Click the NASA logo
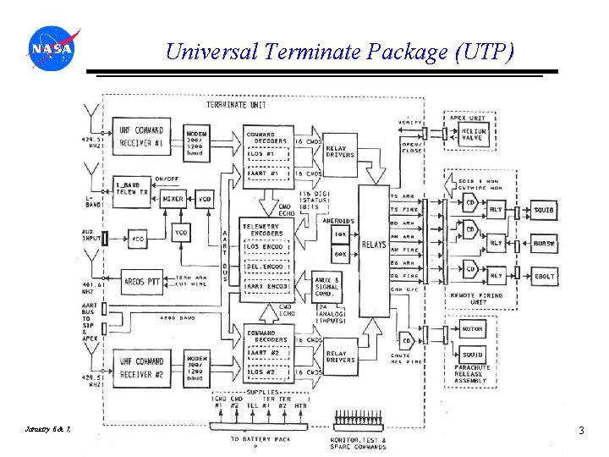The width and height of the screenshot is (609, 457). tap(52, 50)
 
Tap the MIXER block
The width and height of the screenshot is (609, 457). tap(173, 200)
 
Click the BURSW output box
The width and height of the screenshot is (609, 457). tap(544, 243)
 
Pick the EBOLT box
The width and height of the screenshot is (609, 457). tap(544, 276)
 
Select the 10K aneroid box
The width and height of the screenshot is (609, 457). tap(341, 234)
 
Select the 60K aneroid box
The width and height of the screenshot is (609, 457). tap(341, 254)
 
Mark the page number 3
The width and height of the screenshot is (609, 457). tap(581, 431)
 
